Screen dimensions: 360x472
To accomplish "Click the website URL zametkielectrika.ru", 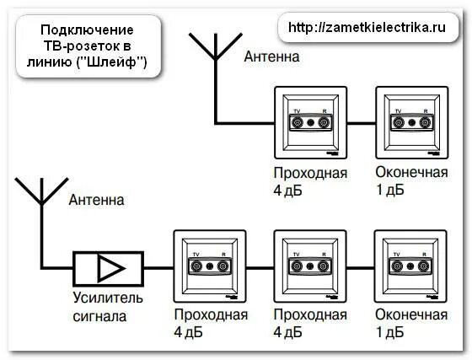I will click(x=367, y=27).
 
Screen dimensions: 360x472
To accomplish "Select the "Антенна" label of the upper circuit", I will click(x=271, y=56).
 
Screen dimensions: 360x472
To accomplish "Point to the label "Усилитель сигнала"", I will click(x=102, y=308).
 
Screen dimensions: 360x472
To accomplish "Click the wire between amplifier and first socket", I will click(x=157, y=268).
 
